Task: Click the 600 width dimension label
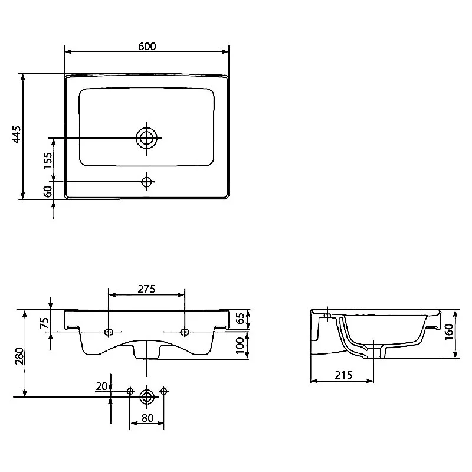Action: [147, 47]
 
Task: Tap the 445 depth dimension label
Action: [17, 135]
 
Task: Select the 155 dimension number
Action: [48, 160]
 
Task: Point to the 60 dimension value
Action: [48, 191]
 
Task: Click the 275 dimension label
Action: [146, 289]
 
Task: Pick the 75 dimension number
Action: [44, 323]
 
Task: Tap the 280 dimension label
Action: [19, 356]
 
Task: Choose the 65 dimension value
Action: [240, 319]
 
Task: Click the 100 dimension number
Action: [240, 345]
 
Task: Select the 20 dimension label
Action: [101, 386]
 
